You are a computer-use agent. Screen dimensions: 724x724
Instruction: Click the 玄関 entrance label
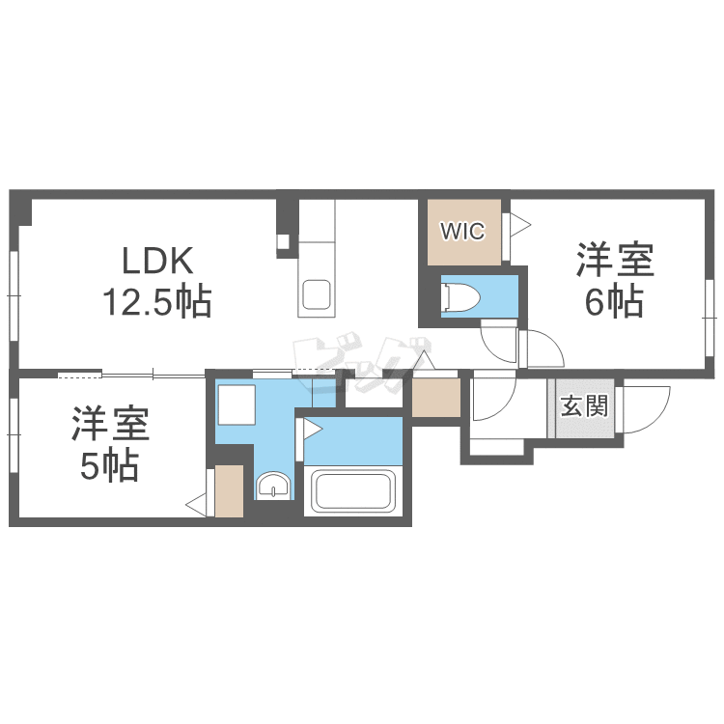[x=584, y=405]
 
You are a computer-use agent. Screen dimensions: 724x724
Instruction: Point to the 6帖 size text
[x=614, y=303]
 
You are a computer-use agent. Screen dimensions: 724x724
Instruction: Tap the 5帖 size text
[x=107, y=466]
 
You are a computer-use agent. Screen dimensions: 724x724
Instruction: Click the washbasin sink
[x=274, y=486]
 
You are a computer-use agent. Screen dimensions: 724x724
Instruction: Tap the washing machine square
[x=235, y=404]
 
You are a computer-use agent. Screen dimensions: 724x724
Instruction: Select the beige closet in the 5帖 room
[x=229, y=490]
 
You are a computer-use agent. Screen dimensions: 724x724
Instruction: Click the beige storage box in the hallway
[x=435, y=396]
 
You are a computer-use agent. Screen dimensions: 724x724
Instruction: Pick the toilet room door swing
[x=498, y=340]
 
